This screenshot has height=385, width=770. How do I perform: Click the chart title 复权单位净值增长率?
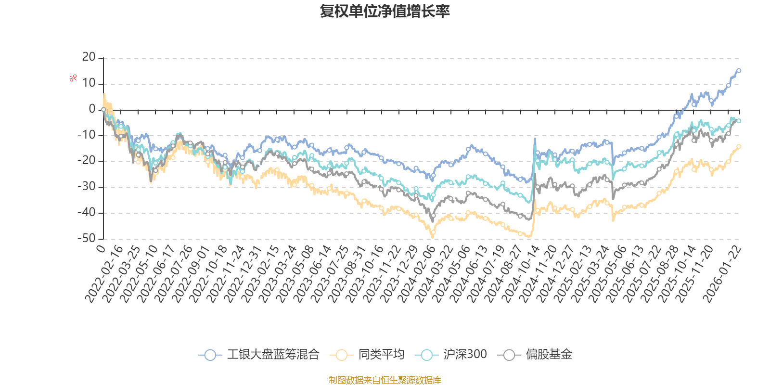tap(385, 11)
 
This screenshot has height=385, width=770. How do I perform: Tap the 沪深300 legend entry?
tap(454, 355)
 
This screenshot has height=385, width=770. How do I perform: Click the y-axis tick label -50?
tap(87, 238)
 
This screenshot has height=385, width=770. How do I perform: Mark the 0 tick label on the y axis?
tap(92, 109)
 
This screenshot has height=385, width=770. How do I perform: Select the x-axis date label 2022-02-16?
tap(103, 274)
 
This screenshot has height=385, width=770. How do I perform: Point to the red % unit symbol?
tap(73, 78)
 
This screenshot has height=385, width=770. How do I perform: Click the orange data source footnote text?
tap(385, 380)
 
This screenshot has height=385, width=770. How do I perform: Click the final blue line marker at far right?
tap(739, 71)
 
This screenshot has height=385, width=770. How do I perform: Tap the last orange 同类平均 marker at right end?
tap(739, 146)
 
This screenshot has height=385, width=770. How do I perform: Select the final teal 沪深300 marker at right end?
tap(739, 121)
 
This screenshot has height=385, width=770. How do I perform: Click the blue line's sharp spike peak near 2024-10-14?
tap(535, 139)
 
